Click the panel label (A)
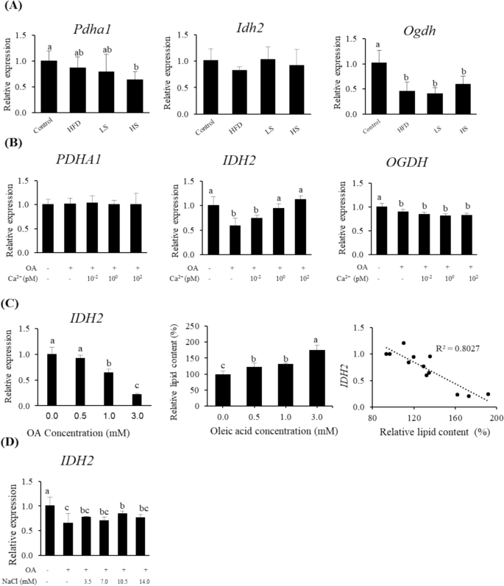pyautogui.click(x=13, y=8)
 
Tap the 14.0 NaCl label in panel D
pyautogui.click(x=157, y=580)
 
